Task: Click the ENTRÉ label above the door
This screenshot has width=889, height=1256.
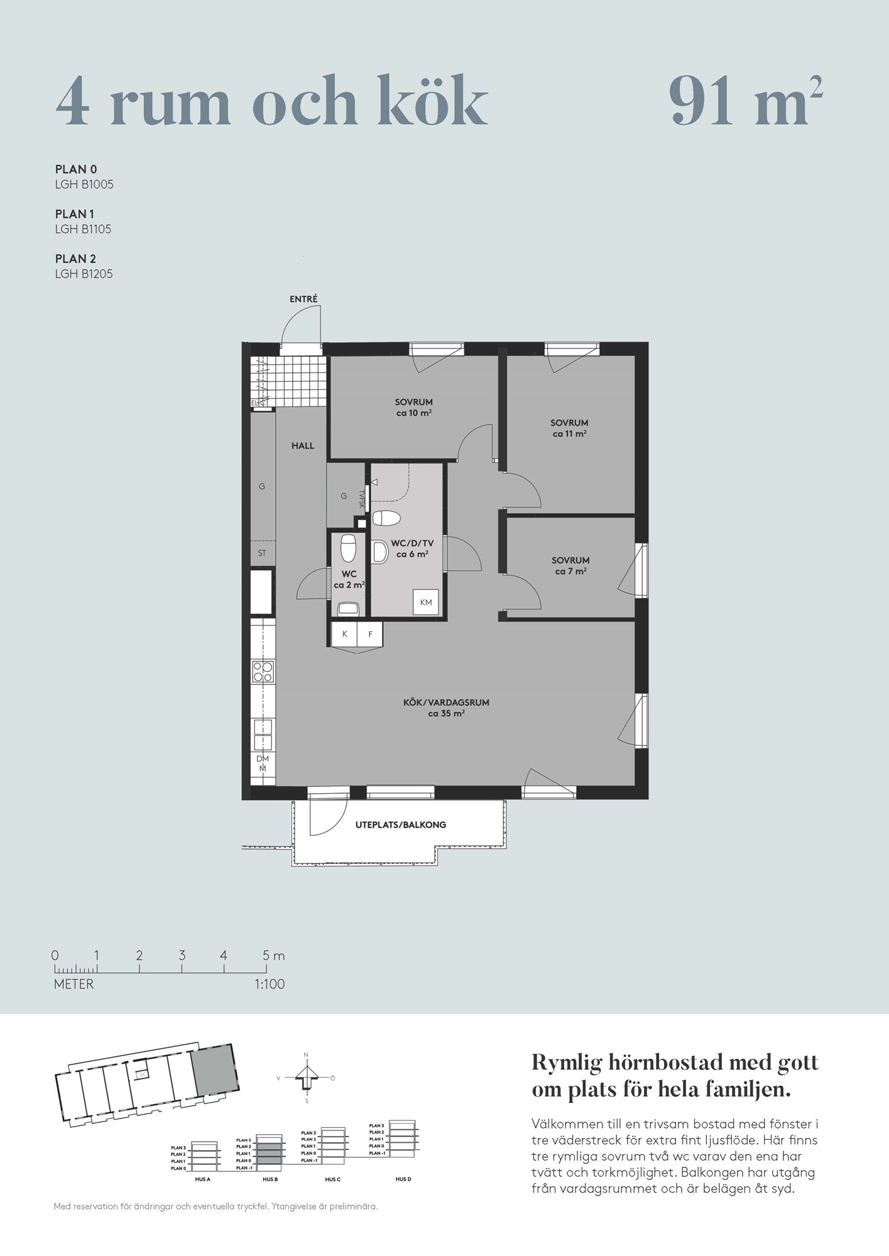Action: pos(303,300)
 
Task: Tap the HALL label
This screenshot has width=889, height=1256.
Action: pos(303,446)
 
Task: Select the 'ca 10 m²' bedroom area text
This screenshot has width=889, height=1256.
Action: pos(413,413)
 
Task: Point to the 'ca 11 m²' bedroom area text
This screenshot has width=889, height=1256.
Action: pos(569,434)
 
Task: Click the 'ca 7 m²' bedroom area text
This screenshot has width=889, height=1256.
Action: pos(570,571)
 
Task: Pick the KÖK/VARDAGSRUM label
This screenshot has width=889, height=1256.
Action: pos(446,703)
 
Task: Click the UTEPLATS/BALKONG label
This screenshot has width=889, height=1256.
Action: pos(401,825)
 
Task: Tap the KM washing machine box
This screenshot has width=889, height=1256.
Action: pos(426,602)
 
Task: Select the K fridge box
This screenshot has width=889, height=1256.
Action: pos(345,634)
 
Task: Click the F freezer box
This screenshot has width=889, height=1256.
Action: pos(371,634)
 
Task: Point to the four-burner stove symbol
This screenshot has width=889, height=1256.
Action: pos(263,671)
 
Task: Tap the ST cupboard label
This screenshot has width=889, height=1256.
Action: pos(262,553)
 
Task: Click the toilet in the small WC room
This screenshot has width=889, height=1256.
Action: pos(349,548)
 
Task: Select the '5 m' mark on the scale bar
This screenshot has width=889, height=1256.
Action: pos(273,956)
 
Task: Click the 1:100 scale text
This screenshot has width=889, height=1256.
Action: pos(270,984)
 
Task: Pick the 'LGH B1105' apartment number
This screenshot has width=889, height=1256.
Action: pos(83,229)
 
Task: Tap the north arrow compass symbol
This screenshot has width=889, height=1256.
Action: pos(307,1078)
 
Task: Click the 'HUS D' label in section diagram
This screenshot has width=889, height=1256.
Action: pos(403,1179)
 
